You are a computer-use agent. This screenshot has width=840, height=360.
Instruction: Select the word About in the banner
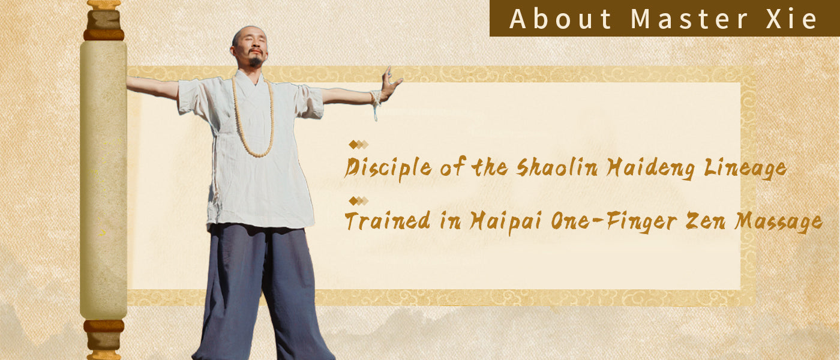tap(560, 19)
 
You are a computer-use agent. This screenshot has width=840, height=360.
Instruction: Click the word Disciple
tap(388, 168)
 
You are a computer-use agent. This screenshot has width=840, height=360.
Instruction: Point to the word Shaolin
tap(559, 167)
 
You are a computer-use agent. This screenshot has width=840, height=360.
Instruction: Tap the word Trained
tap(388, 221)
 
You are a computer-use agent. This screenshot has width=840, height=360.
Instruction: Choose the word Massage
tap(778, 222)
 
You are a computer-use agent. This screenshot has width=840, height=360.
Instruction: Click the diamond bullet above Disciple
tap(359, 145)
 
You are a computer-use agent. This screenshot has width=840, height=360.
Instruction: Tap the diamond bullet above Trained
tap(359, 201)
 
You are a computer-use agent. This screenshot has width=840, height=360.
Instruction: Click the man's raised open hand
tap(391, 83)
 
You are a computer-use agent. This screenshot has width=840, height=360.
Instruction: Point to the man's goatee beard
tap(256, 61)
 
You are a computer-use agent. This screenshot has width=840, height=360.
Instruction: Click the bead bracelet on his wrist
tap(376, 98)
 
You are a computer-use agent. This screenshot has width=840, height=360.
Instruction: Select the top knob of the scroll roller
tap(104, 19)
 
